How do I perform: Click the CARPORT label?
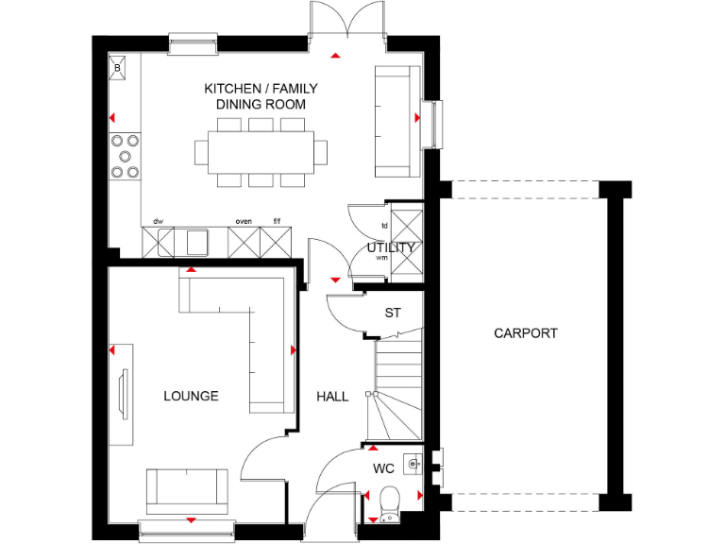click(x=526, y=333)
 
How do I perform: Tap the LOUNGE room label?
click(x=191, y=396)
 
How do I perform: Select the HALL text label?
click(x=332, y=397)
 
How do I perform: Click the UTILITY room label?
click(x=392, y=247)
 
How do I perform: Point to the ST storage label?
click(x=393, y=313)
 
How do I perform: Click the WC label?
click(x=383, y=468)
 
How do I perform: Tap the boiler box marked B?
click(x=118, y=68)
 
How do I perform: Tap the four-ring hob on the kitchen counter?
click(x=125, y=157)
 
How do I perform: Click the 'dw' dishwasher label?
click(x=159, y=221)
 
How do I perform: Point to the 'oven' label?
click(x=244, y=221)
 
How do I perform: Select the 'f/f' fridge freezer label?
click(x=277, y=221)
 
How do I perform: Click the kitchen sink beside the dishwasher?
click(x=193, y=242)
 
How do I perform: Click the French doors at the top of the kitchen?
click(x=347, y=21)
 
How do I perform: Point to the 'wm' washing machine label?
click(x=381, y=257)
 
